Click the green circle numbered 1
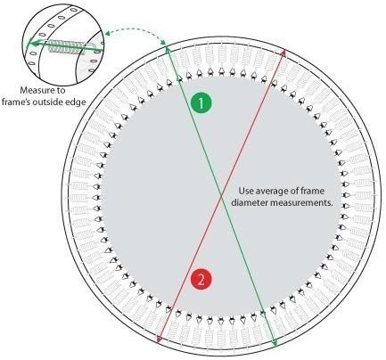point(201,103)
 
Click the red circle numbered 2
point(201,280)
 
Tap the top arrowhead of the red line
point(283,53)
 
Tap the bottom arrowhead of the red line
point(159,340)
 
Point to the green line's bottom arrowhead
point(275,343)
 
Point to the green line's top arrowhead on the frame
point(168,49)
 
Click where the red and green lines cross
point(221,196)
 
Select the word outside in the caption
point(52,102)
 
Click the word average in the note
point(268,191)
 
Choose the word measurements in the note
point(301,203)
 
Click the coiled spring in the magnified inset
point(68,47)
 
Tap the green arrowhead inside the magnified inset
point(30,45)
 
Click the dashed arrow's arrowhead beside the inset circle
point(107,33)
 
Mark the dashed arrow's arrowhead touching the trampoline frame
point(163,43)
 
